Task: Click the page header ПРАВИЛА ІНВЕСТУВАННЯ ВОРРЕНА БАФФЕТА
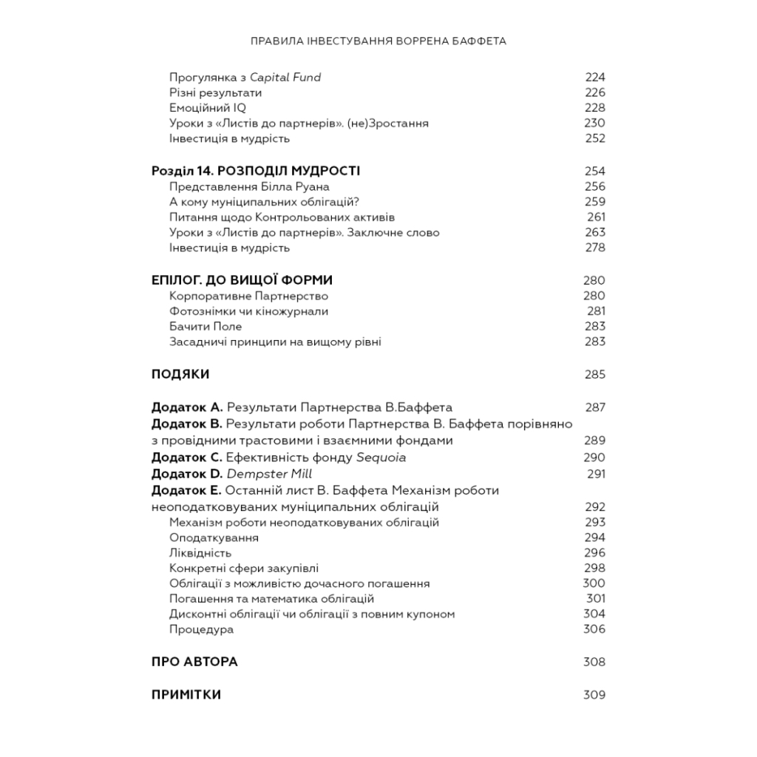click(x=378, y=41)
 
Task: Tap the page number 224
click(x=594, y=78)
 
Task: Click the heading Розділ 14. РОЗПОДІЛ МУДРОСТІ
click(x=255, y=171)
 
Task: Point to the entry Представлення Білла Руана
click(x=249, y=186)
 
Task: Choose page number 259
click(x=594, y=202)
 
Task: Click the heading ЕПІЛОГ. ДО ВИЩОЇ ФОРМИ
click(x=242, y=280)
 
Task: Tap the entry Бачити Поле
click(x=206, y=326)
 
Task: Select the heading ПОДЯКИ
click(x=180, y=374)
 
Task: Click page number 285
click(x=594, y=374)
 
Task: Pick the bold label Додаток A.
click(x=186, y=407)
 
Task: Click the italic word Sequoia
click(x=381, y=458)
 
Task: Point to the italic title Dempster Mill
click(x=269, y=474)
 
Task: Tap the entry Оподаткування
click(x=214, y=537)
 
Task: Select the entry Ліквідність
click(x=200, y=553)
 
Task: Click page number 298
click(x=594, y=568)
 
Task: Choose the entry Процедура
click(x=201, y=629)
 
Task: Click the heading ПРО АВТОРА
click(x=194, y=662)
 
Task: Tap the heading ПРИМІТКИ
click(x=186, y=695)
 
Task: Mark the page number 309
click(x=594, y=695)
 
